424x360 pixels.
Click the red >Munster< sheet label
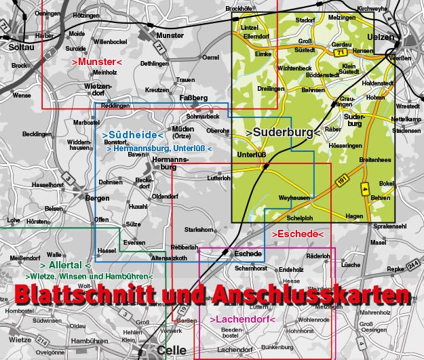click(96, 62)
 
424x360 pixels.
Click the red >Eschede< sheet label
click(298, 234)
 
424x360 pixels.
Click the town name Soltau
click(20, 49)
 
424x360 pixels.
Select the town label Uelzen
click(379, 37)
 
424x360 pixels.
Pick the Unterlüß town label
click(251, 154)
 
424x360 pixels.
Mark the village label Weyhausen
click(294, 197)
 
